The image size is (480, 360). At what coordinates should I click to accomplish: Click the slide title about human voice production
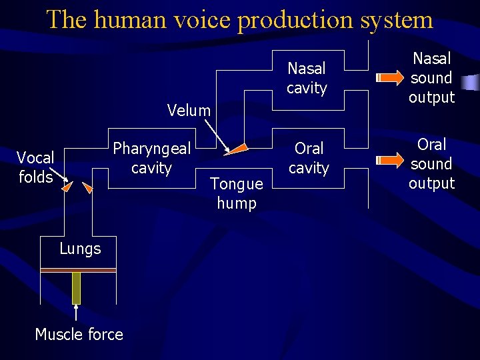pyautogui.click(x=240, y=19)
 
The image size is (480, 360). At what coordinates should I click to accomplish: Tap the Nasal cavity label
pyautogui.click(x=307, y=78)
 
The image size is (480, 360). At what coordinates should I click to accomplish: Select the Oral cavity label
pyautogui.click(x=309, y=158)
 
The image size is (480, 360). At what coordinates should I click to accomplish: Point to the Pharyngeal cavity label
pyautogui.click(x=151, y=158)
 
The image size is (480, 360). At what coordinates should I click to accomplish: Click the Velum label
pyautogui.click(x=189, y=111)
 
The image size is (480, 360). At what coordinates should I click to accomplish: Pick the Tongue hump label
pyautogui.click(x=237, y=193)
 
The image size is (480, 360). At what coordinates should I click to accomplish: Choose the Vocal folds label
pyautogui.click(x=35, y=167)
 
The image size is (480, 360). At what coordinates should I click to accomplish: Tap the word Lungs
pyautogui.click(x=80, y=249)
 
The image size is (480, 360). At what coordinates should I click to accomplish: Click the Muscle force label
pyautogui.click(x=79, y=334)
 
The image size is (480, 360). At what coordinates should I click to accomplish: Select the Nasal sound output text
pyautogui.click(x=431, y=78)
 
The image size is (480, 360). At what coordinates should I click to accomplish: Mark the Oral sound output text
pyautogui.click(x=431, y=164)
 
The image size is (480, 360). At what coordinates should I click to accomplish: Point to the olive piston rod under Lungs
pyautogui.click(x=76, y=287)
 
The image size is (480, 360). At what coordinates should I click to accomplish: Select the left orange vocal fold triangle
pyautogui.click(x=66, y=188)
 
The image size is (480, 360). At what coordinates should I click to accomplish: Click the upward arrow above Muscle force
pyautogui.click(x=76, y=313)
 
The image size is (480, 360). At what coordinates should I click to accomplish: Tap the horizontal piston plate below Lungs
pyautogui.click(x=78, y=269)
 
